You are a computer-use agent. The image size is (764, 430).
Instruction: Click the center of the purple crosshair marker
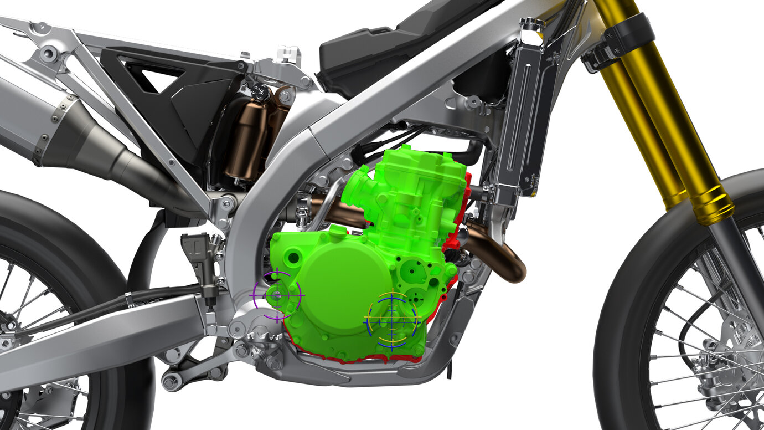[x=277, y=296]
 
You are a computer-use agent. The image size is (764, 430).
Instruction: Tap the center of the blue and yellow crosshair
[x=392, y=320]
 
